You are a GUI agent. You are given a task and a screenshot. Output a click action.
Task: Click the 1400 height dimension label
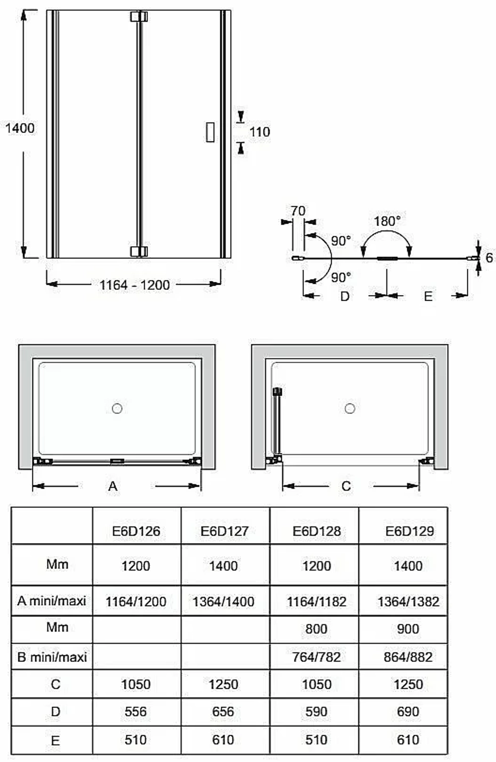(x=20, y=128)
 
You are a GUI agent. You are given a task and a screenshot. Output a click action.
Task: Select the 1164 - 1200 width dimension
(x=134, y=285)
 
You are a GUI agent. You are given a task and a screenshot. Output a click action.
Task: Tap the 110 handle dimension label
(x=259, y=132)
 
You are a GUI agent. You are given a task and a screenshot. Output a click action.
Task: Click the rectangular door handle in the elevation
(x=210, y=131)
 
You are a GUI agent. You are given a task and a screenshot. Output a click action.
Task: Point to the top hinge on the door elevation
(x=139, y=17)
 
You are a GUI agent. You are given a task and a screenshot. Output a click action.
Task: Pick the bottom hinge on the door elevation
(x=139, y=252)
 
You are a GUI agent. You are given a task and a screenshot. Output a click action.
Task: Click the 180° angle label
(x=387, y=221)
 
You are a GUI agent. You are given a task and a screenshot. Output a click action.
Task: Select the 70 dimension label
(x=298, y=211)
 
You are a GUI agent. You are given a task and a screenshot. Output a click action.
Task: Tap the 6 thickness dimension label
(x=489, y=258)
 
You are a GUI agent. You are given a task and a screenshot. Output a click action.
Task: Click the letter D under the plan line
(x=345, y=296)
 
